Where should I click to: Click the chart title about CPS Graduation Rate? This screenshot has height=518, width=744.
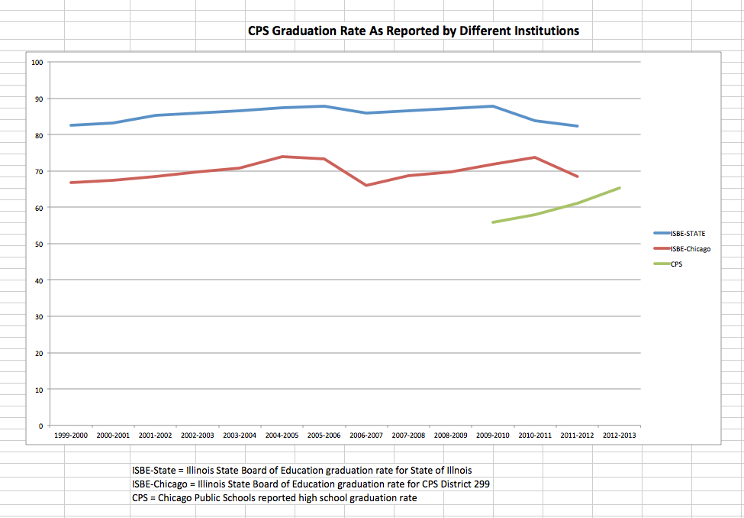coord(413,31)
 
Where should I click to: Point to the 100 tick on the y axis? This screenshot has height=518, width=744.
coord(36,62)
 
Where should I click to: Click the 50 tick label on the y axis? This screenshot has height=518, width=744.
coord(37,244)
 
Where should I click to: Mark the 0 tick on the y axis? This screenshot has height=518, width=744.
coord(40,426)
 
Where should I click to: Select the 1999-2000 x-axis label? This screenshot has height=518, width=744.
coord(71,435)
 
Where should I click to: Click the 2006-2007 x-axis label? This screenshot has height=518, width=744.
coord(366,435)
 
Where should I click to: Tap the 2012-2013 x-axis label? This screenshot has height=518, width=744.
coord(620,435)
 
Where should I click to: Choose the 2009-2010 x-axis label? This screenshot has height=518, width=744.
coord(493,435)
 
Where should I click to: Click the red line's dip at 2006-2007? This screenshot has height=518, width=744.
coord(366,185)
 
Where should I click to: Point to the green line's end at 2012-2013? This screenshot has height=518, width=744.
coord(620,188)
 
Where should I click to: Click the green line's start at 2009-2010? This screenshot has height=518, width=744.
coord(493,222)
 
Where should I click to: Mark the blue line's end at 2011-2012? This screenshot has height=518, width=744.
coord(578,126)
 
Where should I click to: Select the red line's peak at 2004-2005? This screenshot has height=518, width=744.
coord(282,157)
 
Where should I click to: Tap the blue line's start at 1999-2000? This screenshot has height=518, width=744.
coord(71,125)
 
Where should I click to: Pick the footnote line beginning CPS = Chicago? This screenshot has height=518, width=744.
coord(275,498)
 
